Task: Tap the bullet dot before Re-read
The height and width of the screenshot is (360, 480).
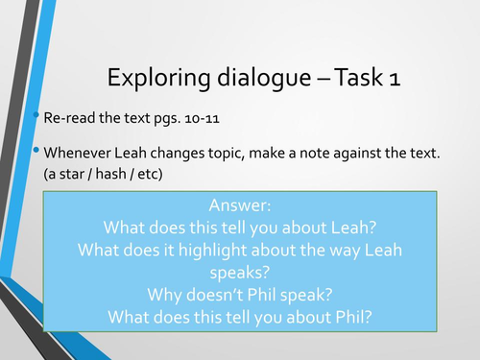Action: pos(37,117)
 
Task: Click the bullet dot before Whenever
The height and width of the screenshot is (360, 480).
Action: pos(37,151)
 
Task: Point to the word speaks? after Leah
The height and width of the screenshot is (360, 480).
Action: pos(240,272)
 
